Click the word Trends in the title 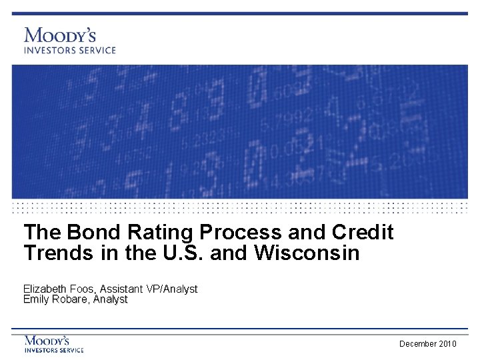[56, 253]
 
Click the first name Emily [37, 299]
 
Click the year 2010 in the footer [449, 343]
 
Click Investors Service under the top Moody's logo [70, 50]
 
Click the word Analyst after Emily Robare [111, 299]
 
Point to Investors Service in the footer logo [54, 350]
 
